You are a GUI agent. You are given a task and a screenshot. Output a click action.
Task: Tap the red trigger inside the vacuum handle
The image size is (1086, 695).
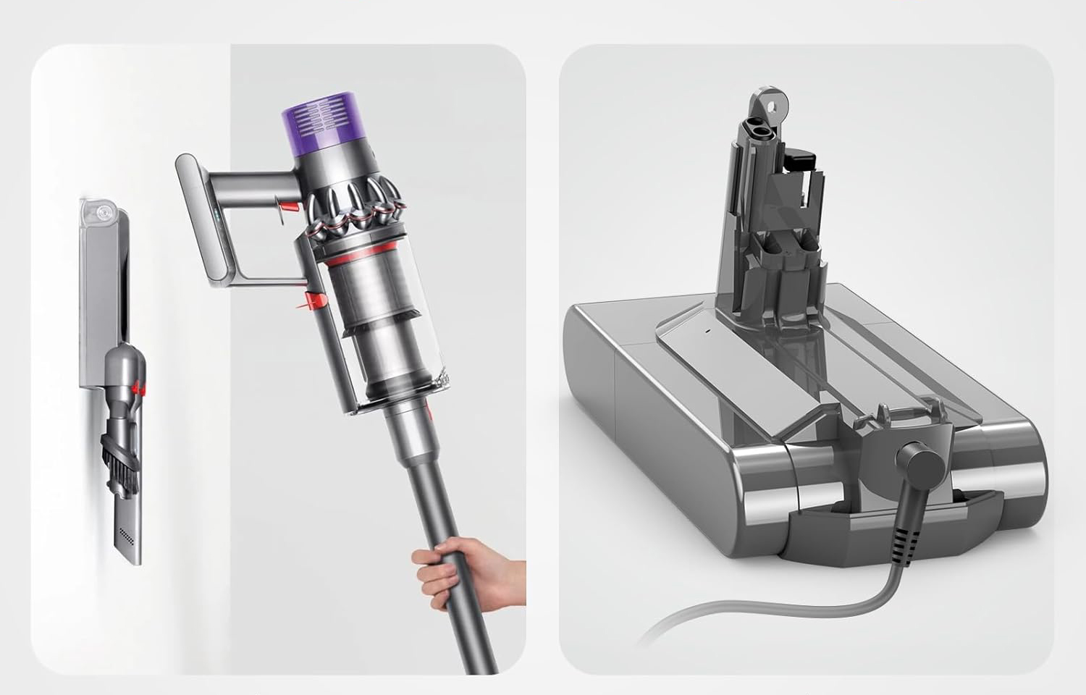tap(287, 208)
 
